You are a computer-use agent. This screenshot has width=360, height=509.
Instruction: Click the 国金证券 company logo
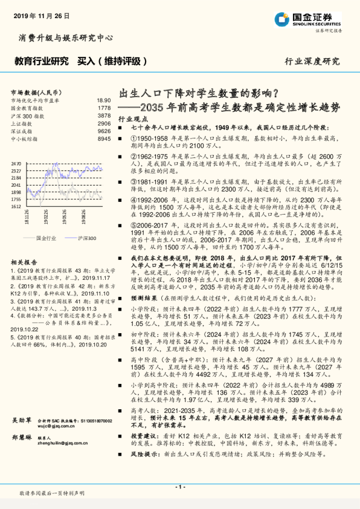click(307, 18)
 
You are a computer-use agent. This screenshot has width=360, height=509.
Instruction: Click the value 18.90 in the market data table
click(103, 100)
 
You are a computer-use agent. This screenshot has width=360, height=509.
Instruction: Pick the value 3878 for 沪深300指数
click(104, 115)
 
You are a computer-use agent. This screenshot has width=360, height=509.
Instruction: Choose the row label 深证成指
click(22, 131)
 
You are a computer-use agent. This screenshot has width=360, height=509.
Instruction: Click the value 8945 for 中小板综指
click(104, 138)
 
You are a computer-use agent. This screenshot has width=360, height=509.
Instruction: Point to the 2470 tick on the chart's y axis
click(16, 164)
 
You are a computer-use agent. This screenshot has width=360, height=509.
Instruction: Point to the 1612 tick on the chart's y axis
click(16, 206)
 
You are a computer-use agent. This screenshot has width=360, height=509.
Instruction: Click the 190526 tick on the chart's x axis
click(63, 216)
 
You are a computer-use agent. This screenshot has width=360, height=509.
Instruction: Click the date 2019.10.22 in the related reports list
click(24, 329)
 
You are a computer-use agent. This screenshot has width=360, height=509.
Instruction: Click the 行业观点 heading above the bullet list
click(130, 118)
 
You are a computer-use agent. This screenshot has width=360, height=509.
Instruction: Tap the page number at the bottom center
click(179, 487)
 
